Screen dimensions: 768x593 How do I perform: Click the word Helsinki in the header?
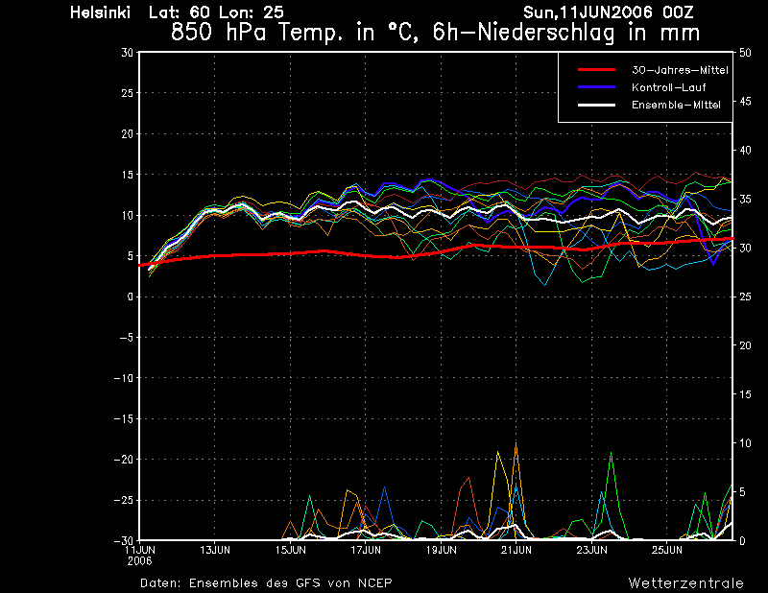pos(101,12)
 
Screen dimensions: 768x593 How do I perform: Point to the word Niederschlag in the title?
pos(545,33)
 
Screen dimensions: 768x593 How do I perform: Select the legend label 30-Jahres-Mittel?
pos(680,70)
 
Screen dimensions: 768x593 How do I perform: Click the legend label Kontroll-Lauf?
pos(668,87)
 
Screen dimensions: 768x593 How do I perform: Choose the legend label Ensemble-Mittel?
pos(676,105)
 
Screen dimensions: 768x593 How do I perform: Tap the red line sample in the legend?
pos(596,70)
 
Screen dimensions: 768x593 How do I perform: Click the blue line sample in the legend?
pos(596,87)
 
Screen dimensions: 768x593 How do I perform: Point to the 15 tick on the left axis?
pos(128,175)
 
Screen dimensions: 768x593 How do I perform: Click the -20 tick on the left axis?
pos(124,460)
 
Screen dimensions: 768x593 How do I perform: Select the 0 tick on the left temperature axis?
pos(130,296)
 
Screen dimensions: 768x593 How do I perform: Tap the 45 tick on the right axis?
pos(745,102)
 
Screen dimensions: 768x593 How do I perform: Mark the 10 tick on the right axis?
pos(745,443)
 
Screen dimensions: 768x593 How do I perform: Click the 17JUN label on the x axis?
pos(366,550)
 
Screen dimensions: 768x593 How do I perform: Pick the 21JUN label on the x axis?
pos(516,550)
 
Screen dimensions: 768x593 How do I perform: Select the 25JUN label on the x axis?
pos(667,550)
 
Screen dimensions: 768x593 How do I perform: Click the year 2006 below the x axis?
pos(139,561)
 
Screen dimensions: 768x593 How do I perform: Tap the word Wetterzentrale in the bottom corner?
pos(686,583)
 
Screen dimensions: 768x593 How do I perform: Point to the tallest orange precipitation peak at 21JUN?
pos(516,443)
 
